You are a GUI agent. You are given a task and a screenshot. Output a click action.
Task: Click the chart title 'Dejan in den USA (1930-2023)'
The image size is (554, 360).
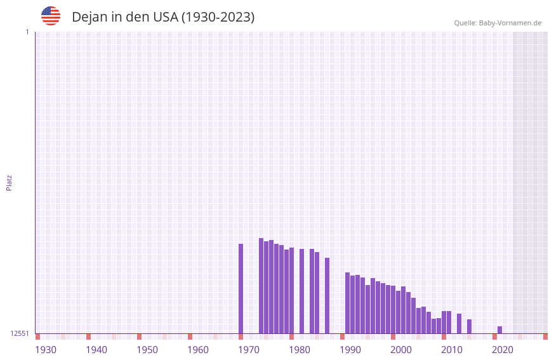point(163,17)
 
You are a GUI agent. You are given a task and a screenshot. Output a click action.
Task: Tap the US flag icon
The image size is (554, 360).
point(51,16)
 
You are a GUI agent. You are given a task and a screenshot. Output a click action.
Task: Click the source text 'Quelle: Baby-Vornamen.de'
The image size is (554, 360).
point(498,23)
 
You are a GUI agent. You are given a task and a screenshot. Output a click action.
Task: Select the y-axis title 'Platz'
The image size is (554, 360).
point(9,182)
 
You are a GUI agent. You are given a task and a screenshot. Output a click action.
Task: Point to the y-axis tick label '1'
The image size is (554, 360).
point(27,32)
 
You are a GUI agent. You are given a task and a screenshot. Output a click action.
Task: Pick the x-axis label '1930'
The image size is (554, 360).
point(46,350)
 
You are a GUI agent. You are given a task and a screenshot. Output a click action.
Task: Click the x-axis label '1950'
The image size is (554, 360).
point(147,350)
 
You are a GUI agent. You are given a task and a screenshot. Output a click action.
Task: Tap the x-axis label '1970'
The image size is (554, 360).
point(249,350)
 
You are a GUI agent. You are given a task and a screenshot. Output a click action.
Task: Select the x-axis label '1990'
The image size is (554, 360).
point(350,350)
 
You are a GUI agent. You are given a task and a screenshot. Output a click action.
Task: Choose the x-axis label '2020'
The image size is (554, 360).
point(503,350)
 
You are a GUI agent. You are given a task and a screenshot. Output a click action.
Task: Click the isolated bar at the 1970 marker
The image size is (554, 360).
point(241,288)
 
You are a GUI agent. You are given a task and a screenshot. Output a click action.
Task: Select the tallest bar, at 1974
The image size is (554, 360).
point(261,286)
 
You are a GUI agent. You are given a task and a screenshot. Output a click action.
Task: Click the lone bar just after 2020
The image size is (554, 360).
point(500,330)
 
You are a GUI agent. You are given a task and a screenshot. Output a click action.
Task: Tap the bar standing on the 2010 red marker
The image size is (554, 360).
point(444,322)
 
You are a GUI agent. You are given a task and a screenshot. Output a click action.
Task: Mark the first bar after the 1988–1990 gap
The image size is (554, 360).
point(348,303)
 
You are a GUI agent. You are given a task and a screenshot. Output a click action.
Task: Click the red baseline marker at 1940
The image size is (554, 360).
point(89,337)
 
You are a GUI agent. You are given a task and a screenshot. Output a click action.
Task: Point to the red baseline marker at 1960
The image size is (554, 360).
point(190,337)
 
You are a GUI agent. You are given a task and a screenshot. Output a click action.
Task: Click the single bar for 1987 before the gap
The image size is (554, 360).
point(327,295)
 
